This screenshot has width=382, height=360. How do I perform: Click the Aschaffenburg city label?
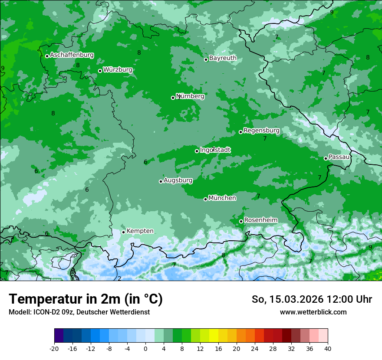click(72, 55)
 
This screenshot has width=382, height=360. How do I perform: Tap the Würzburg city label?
click(118, 70)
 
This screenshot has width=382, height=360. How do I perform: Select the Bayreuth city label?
click(223, 58)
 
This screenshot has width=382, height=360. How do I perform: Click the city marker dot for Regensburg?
click(240, 132)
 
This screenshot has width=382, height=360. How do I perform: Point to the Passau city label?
click(339, 157)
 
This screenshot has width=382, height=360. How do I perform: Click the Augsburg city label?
click(178, 180)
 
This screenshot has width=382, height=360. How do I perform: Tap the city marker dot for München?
click(206, 199)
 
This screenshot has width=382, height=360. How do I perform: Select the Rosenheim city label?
click(260, 220)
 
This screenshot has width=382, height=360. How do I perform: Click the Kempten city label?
click(140, 231)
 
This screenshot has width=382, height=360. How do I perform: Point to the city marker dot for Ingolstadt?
click(197, 151)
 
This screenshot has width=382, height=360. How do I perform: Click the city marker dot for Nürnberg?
click(173, 98)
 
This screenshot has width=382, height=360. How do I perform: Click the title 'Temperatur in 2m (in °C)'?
click(86, 299)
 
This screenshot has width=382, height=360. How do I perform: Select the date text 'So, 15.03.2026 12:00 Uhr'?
click(312, 299)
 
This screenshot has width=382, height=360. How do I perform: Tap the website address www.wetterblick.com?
click(313, 312)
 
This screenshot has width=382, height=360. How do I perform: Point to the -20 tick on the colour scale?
click(54, 348)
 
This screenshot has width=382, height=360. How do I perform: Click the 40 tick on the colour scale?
click(328, 348)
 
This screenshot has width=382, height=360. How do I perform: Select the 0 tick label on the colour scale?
click(145, 348)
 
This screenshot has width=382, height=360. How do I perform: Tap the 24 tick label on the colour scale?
click(255, 348)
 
